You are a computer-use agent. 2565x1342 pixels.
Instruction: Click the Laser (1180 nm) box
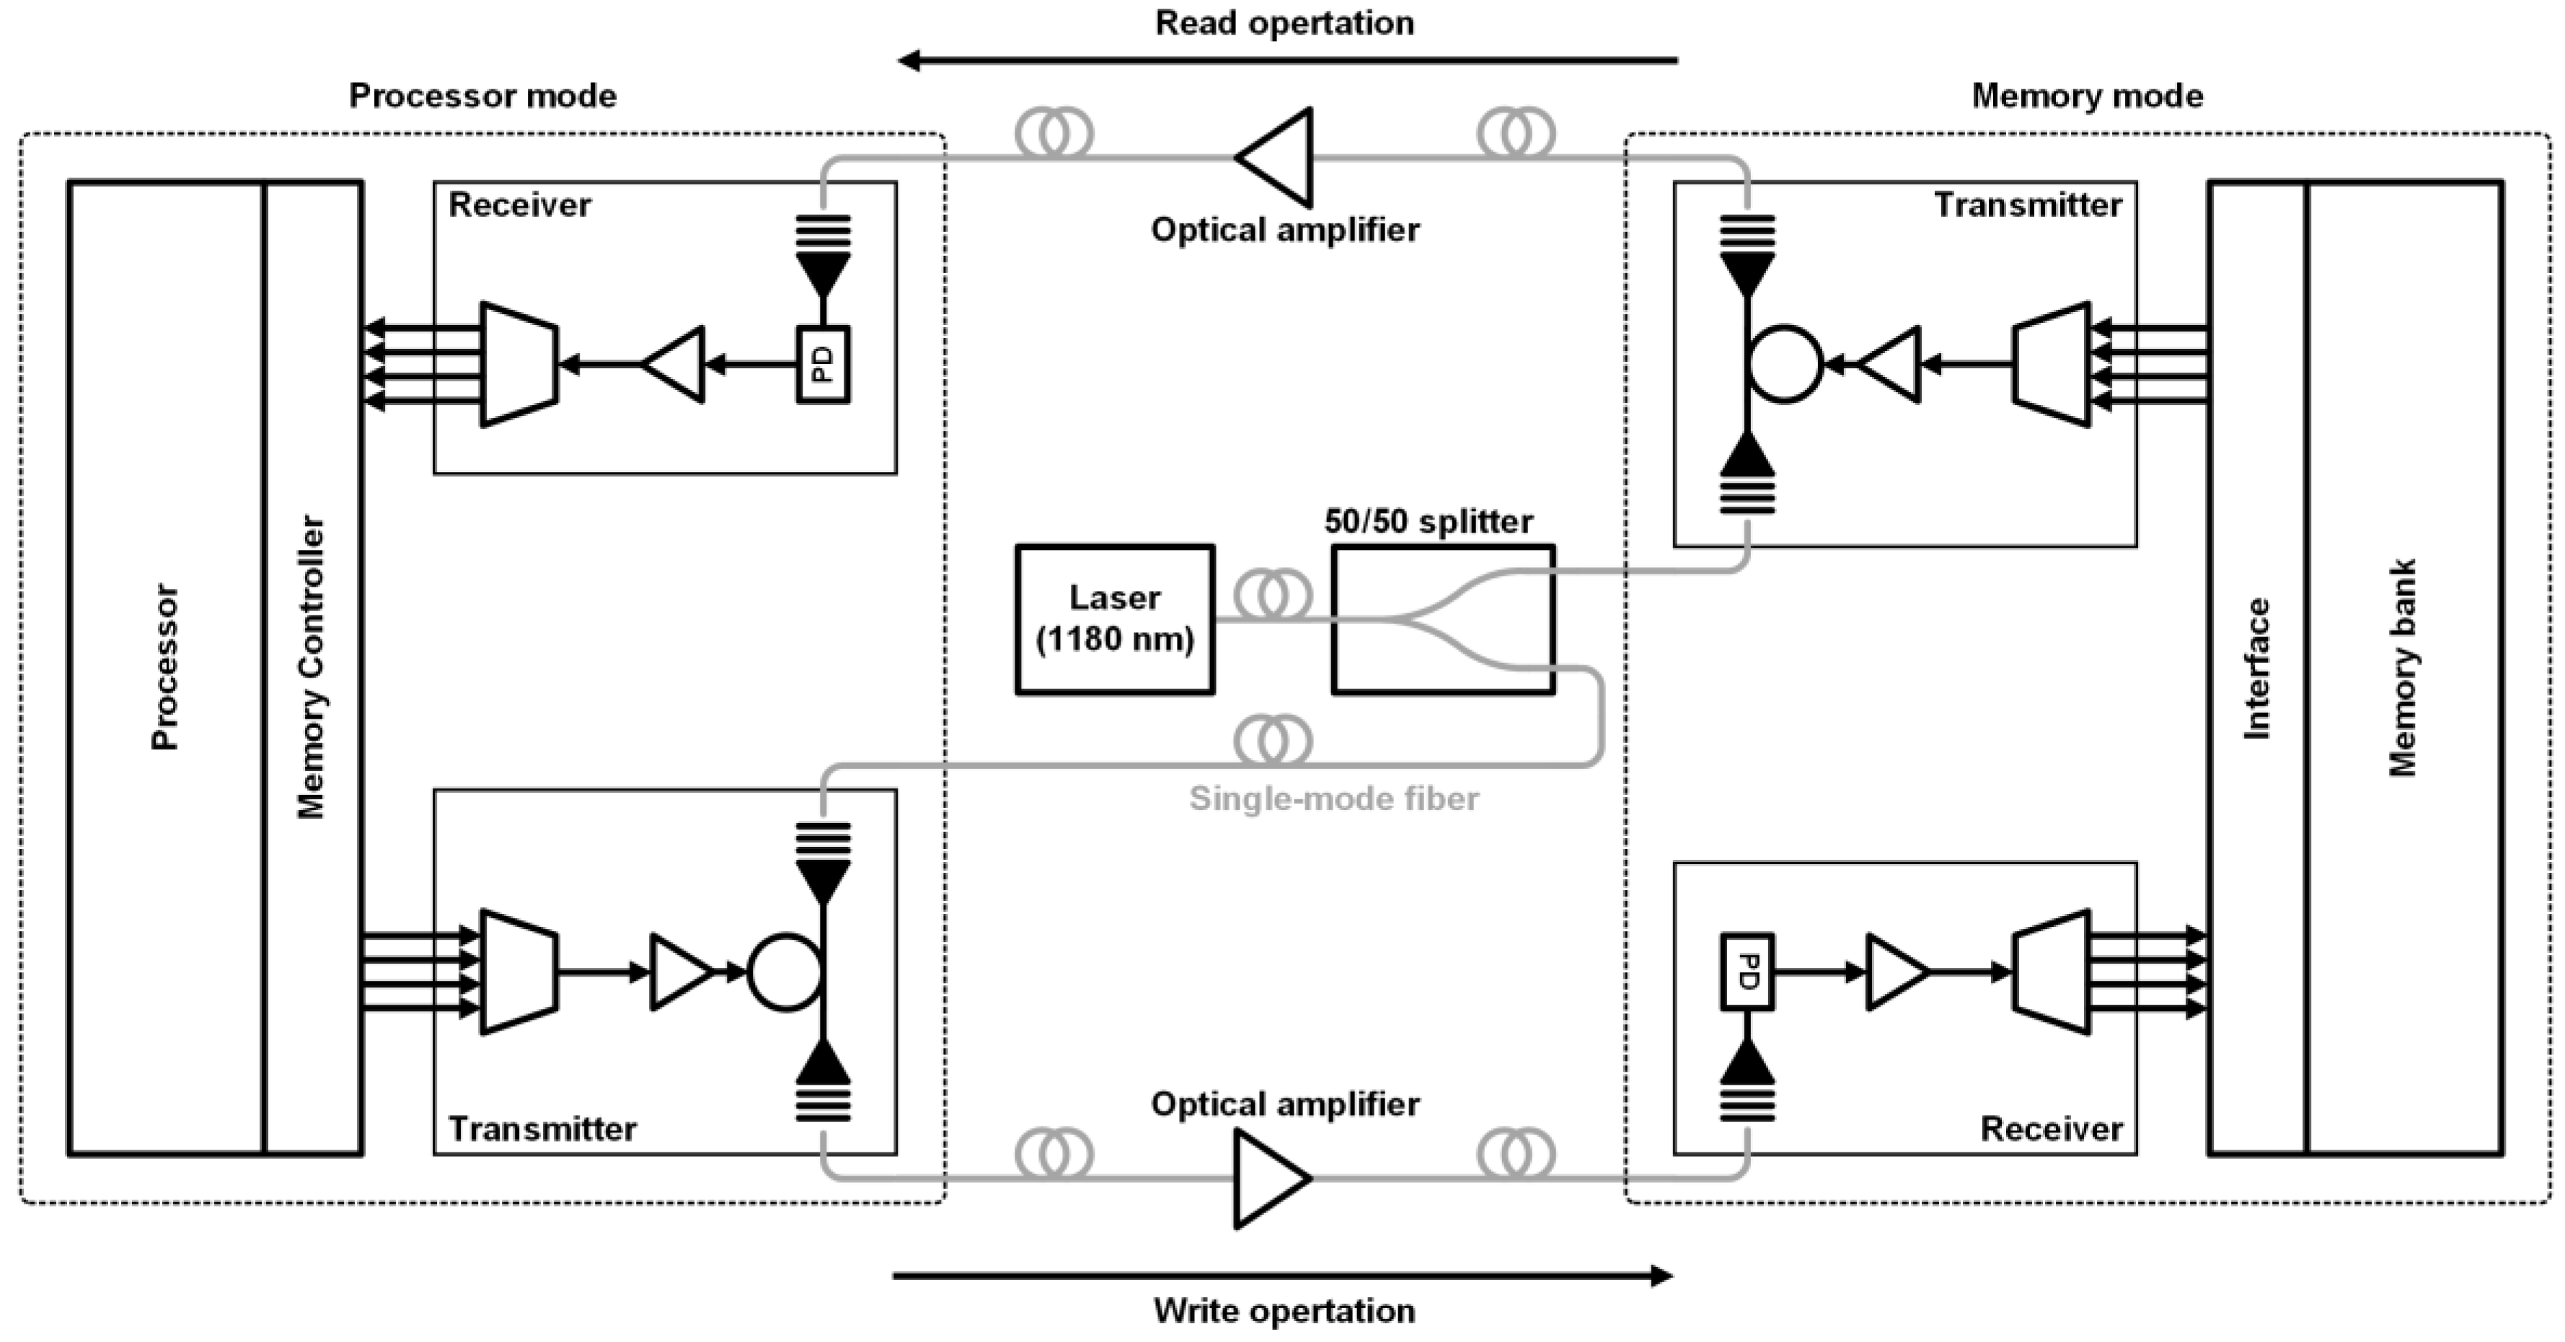(1114, 618)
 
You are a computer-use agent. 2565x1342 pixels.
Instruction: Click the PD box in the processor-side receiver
(823, 365)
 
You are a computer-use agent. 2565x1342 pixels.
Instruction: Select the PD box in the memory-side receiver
(1747, 972)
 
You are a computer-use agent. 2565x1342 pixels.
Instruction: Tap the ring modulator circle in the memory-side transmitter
(1784, 365)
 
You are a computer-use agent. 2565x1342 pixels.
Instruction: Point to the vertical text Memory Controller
(312, 667)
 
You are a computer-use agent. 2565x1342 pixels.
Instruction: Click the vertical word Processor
(164, 667)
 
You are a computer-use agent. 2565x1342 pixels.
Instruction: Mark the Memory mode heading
(2087, 96)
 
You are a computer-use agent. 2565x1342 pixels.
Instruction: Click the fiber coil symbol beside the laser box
(1273, 595)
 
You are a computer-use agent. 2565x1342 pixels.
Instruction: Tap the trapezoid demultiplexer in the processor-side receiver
(518, 365)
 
